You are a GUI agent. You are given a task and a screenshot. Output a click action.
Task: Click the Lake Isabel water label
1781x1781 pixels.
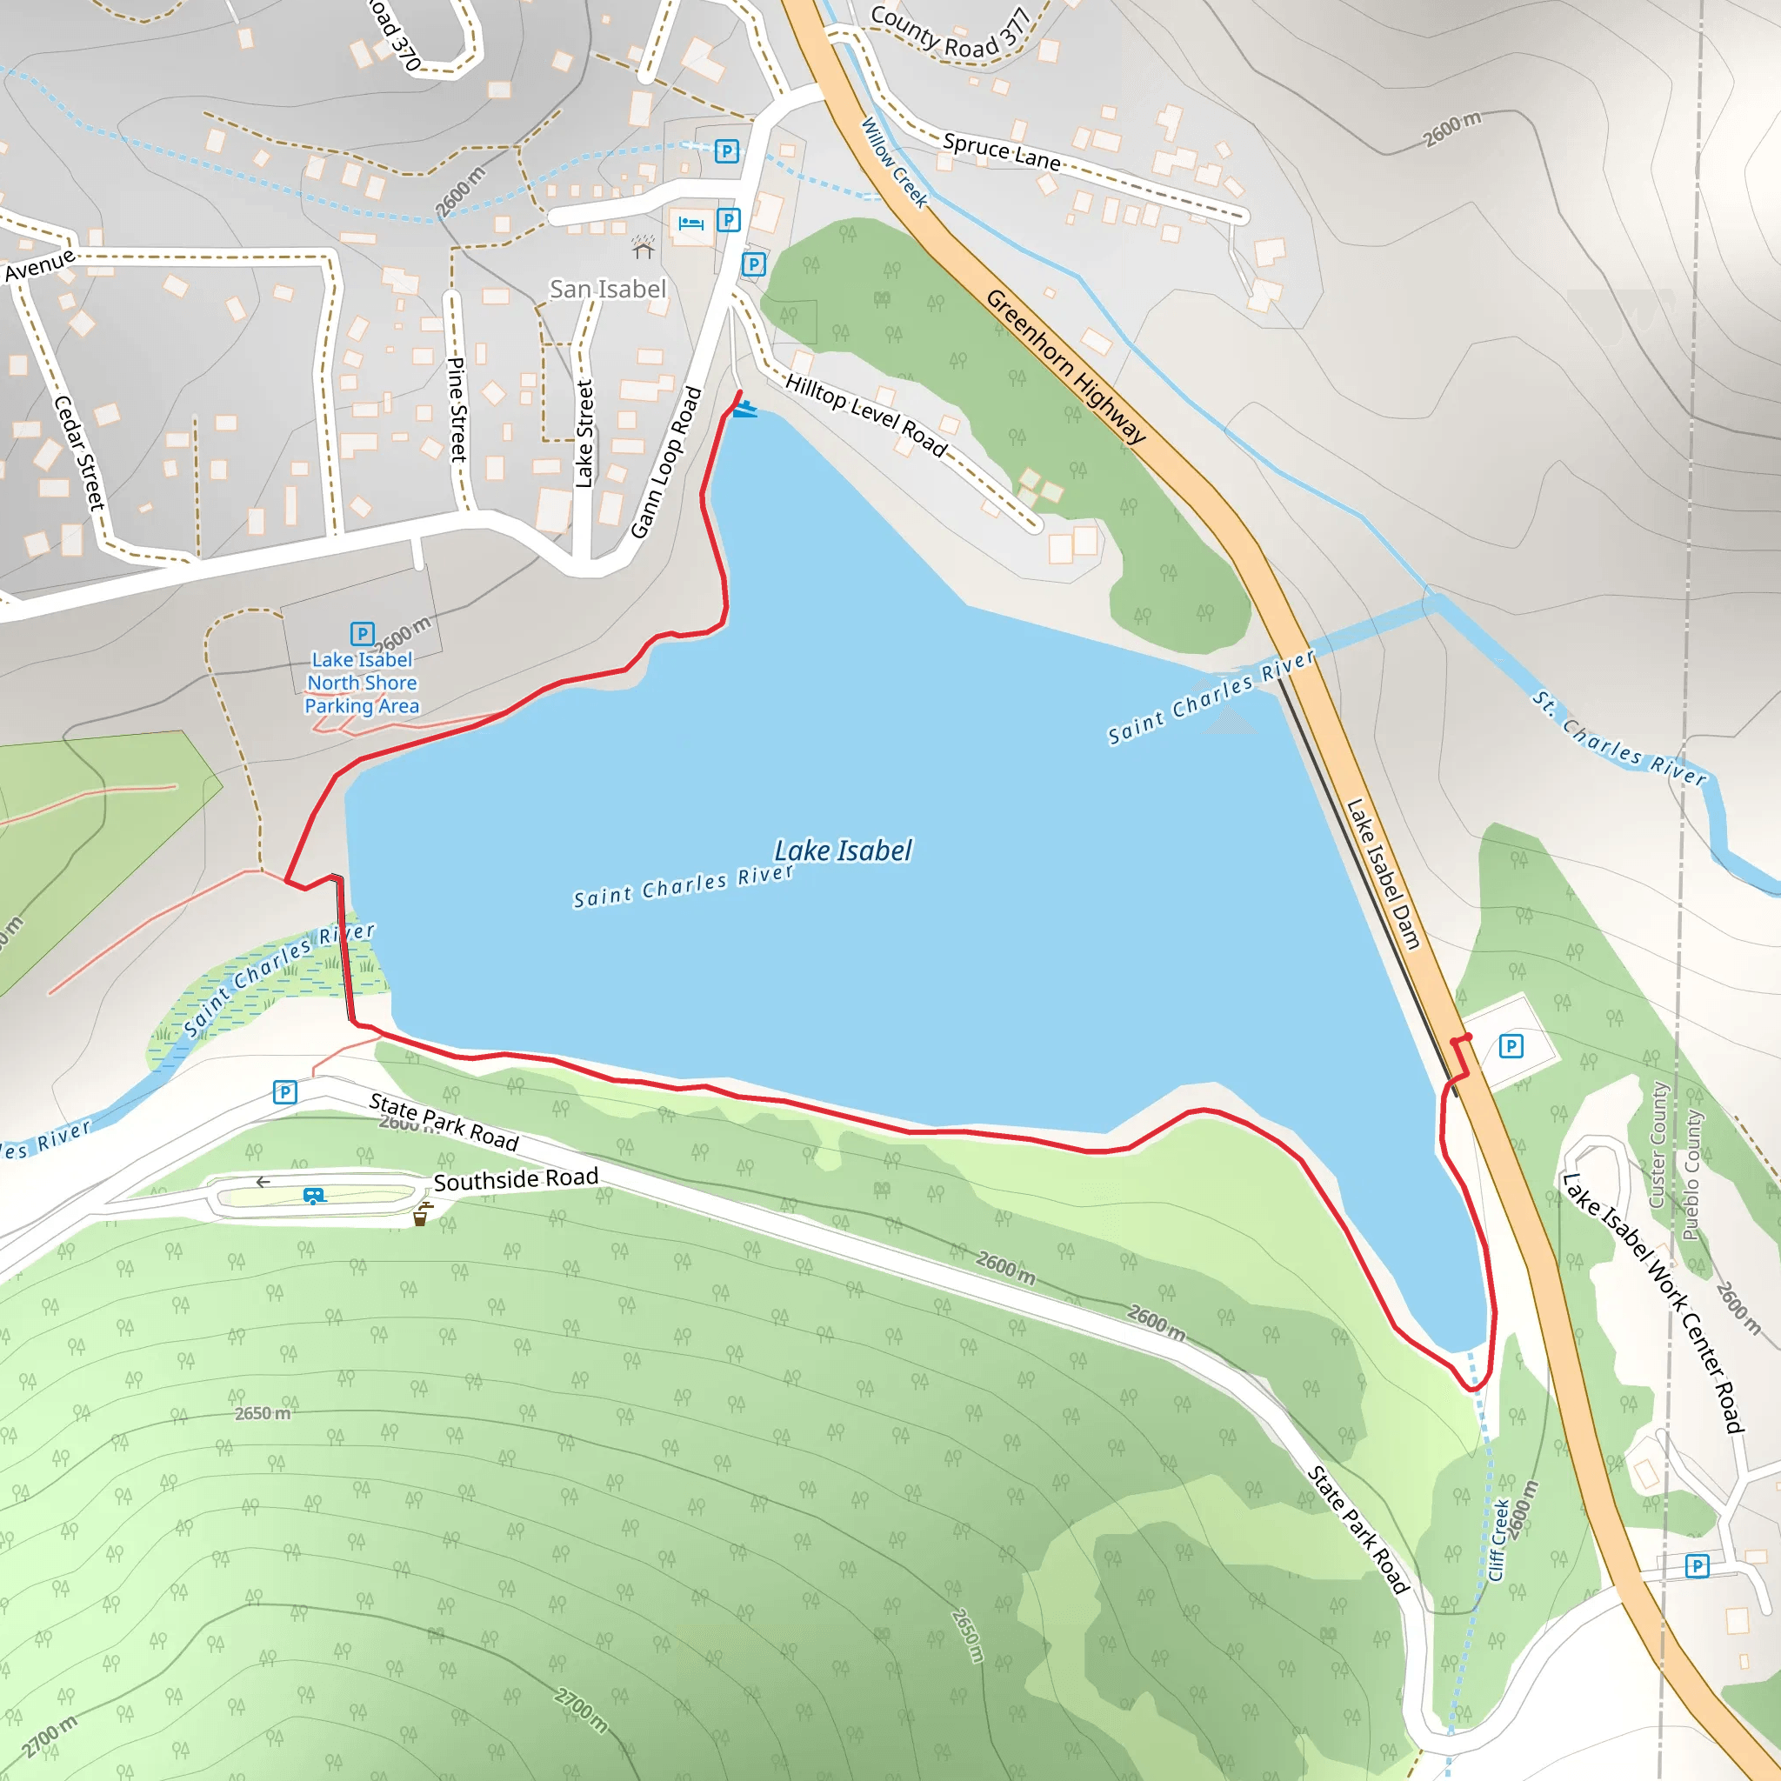(843, 850)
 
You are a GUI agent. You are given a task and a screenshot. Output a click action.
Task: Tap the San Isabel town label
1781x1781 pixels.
(608, 290)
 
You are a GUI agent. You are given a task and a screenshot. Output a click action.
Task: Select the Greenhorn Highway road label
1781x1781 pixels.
(1065, 366)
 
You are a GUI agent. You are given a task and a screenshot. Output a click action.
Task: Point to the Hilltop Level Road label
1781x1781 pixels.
(865, 415)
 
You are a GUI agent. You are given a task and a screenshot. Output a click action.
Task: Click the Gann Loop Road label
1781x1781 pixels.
(666, 463)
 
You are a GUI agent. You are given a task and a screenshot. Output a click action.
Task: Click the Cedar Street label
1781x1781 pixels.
(79, 451)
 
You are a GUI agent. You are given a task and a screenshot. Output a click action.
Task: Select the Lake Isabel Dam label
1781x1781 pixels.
(1383, 873)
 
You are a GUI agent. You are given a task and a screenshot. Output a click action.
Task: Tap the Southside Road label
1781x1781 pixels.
(516, 1179)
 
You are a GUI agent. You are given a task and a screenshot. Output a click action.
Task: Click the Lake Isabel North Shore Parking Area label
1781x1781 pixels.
(363, 682)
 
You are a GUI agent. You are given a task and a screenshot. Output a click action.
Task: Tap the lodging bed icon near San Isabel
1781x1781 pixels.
(690, 223)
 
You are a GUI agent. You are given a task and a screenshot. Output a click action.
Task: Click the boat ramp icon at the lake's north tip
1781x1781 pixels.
(745, 409)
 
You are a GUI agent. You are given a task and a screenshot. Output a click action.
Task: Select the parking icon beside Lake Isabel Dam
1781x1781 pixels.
(1511, 1046)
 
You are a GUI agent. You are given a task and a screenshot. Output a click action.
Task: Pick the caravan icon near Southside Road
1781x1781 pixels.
(314, 1196)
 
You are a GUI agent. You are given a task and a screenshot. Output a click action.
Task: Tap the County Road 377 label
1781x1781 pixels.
(951, 35)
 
